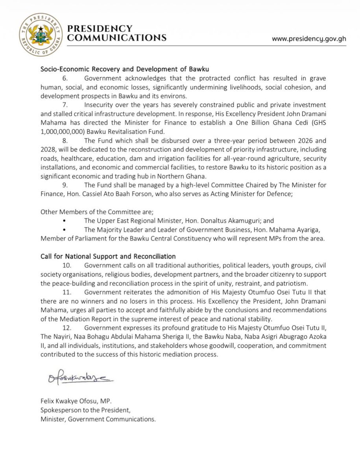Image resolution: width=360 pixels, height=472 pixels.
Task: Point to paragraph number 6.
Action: pos(66,79)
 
